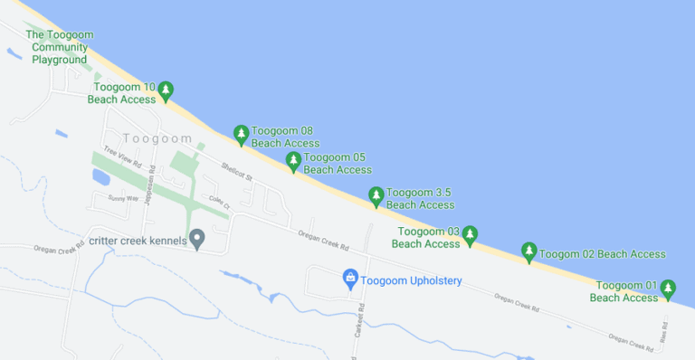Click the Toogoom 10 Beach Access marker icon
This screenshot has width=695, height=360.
coord(166,90)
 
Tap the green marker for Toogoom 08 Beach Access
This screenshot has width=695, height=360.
coord(241,134)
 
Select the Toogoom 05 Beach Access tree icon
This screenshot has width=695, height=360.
coord(293,161)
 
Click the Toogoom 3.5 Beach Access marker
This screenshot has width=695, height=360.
coord(376,195)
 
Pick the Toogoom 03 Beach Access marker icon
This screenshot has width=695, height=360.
coord(470,235)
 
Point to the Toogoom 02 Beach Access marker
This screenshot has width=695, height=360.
coord(529,252)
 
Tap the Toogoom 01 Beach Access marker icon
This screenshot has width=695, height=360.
coord(668,289)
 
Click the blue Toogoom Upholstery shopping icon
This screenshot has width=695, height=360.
coord(351,279)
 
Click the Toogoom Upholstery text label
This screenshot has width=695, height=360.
coord(412,280)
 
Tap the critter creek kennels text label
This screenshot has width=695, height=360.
coord(138,241)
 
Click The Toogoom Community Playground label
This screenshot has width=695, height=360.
coord(60,47)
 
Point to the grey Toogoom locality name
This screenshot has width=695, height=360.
coord(157,138)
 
